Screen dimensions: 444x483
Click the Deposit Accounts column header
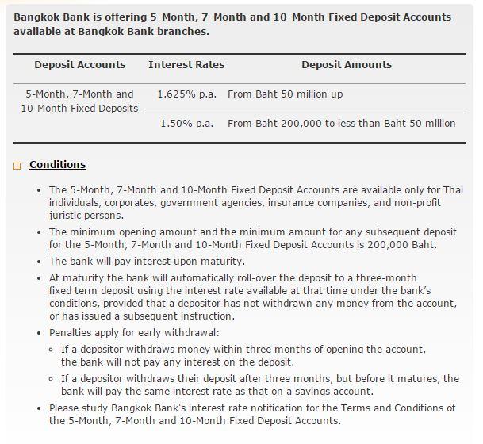coord(79,64)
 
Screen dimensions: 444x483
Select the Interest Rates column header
coord(186,64)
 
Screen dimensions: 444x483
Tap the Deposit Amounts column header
coord(346,64)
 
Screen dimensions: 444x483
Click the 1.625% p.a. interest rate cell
coord(186,94)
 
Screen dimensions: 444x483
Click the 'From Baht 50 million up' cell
coord(285,94)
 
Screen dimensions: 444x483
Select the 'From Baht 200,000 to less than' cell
coord(341,123)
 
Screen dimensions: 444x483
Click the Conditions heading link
coord(57,165)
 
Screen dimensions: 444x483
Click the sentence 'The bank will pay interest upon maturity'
coord(147,261)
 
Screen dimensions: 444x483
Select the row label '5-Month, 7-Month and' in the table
coord(79,94)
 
